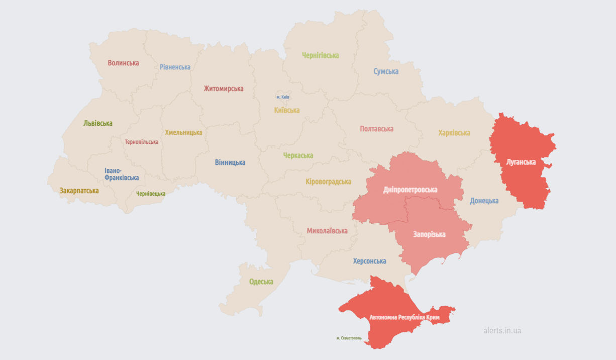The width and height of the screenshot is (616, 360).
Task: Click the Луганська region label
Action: (x=521, y=162)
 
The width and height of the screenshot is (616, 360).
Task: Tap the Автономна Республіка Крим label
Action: (x=404, y=318)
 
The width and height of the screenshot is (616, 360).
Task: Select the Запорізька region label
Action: (x=429, y=234)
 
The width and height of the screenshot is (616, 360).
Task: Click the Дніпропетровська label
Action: (x=410, y=190)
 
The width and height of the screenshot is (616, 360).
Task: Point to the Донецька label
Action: (x=484, y=201)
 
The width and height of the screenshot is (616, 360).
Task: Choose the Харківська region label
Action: (x=454, y=133)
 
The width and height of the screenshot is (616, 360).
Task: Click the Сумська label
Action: (x=386, y=71)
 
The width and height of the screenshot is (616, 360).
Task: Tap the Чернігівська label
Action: (x=320, y=55)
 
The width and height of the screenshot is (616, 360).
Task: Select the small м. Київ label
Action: (x=283, y=97)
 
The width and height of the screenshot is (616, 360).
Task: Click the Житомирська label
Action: (x=223, y=88)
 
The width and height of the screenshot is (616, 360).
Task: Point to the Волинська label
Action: (x=123, y=63)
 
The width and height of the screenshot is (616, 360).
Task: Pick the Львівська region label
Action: (x=98, y=123)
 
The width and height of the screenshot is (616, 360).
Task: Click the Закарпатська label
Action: (x=79, y=191)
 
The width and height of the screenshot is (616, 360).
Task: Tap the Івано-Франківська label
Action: (x=122, y=174)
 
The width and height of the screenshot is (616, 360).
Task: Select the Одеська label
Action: (x=261, y=282)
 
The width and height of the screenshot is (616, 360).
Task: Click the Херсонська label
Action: (x=369, y=261)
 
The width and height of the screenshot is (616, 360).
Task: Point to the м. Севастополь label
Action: (x=349, y=338)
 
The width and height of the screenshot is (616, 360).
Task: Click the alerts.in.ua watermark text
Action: (x=502, y=330)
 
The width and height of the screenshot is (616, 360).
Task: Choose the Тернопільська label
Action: (x=141, y=142)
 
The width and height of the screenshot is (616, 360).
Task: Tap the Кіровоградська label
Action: (x=328, y=182)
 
